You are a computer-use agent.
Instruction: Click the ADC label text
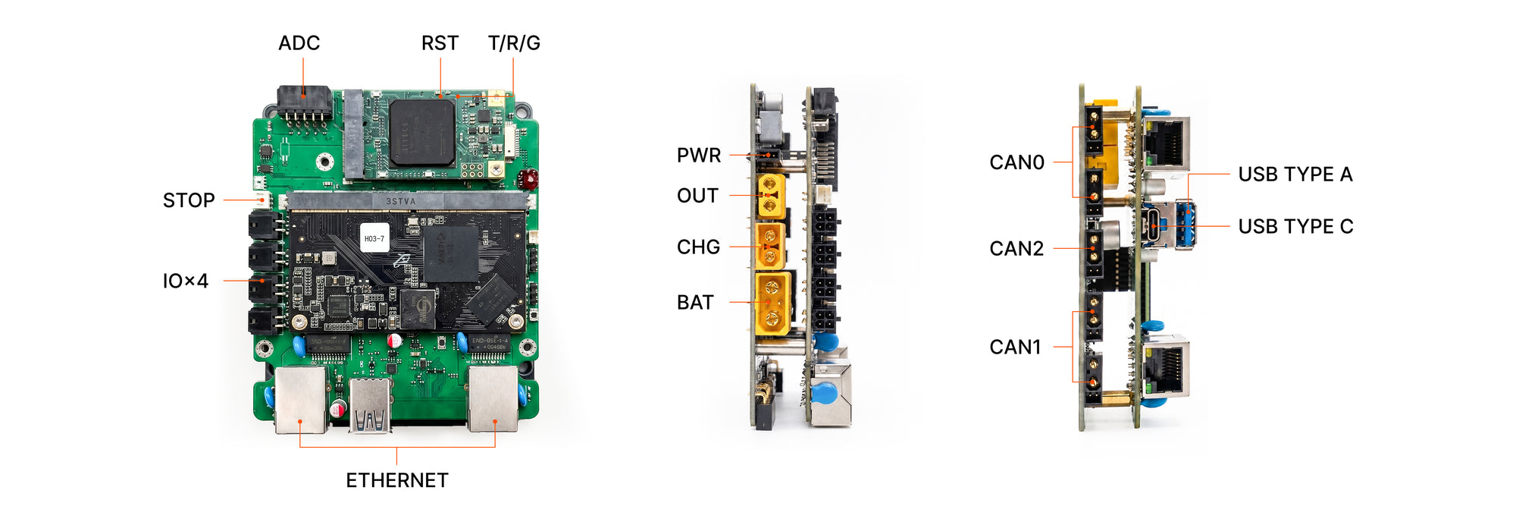point(299,43)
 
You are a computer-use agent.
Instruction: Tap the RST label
point(440,43)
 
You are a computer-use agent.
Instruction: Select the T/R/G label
point(514,43)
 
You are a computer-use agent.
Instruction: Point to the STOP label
point(189,200)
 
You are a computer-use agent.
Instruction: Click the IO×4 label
point(186,281)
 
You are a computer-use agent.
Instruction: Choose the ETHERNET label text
point(397,480)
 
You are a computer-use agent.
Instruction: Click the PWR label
point(699,156)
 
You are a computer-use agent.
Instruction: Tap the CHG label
point(698,247)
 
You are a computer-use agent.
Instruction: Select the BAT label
point(695,303)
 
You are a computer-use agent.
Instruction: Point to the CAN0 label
point(1016,162)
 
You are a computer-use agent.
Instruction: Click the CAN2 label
point(1016,249)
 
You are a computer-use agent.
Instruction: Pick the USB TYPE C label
point(1295,227)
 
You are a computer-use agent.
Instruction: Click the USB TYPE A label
point(1295,175)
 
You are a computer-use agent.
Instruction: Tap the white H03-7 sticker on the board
point(374,238)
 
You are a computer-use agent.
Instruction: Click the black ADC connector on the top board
point(304,102)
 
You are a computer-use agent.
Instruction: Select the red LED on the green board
point(528,179)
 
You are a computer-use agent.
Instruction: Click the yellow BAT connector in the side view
point(773,303)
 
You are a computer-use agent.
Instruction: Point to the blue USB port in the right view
point(1185,225)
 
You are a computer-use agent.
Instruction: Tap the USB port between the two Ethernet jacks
point(370,406)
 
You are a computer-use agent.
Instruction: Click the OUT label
point(697,196)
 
